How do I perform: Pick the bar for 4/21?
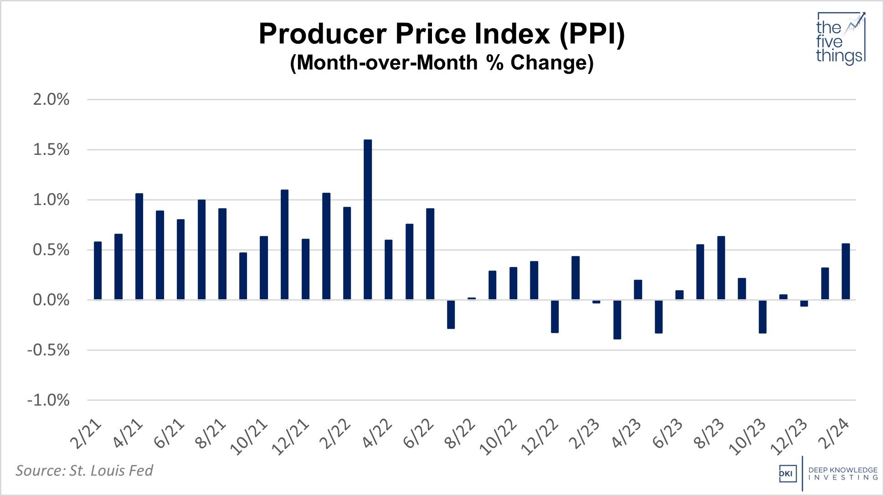coord(139,246)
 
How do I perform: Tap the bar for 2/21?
coord(98,271)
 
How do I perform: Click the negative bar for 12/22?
coord(555,317)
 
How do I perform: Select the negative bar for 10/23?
coord(763,317)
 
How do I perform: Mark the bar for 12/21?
coord(305,269)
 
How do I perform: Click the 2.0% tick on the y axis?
coord(51,99)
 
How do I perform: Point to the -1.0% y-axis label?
coord(48,400)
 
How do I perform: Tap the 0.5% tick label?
coord(51,250)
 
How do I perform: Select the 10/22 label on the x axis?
coord(499,437)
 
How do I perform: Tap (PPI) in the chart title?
coord(592,34)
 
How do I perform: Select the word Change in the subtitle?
coord(551,62)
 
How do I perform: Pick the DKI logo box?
coord(787,474)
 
